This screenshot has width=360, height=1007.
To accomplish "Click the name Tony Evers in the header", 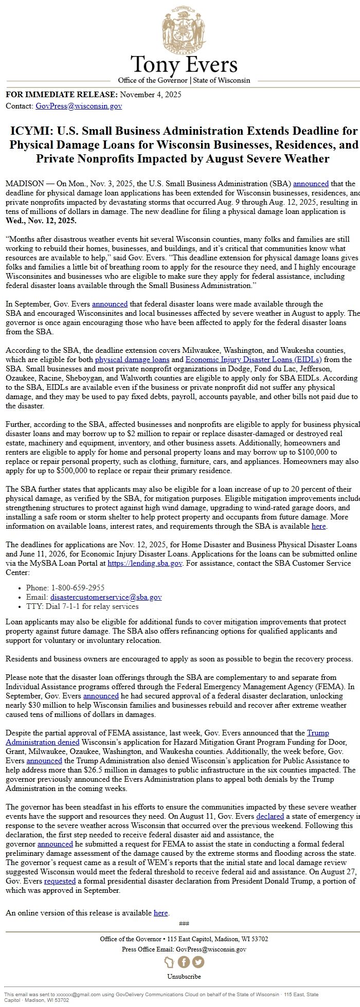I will [184, 65].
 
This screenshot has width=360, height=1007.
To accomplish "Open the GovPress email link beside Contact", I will [79, 106].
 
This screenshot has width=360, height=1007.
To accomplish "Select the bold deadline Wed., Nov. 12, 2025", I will [41, 221].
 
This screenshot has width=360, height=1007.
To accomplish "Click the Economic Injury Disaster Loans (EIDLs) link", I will [254, 359].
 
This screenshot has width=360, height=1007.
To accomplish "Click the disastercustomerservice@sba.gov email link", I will [105, 597].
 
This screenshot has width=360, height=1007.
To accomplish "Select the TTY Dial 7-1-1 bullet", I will [82, 606].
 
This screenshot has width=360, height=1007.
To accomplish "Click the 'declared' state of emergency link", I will [270, 816].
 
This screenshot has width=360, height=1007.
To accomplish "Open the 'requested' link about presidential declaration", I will [60, 881].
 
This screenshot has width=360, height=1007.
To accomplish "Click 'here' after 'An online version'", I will [160, 913].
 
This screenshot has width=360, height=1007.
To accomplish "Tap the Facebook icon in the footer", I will [184, 962].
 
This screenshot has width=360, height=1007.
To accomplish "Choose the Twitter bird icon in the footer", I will [198, 962].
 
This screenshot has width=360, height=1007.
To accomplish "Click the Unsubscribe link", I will [184, 976].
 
